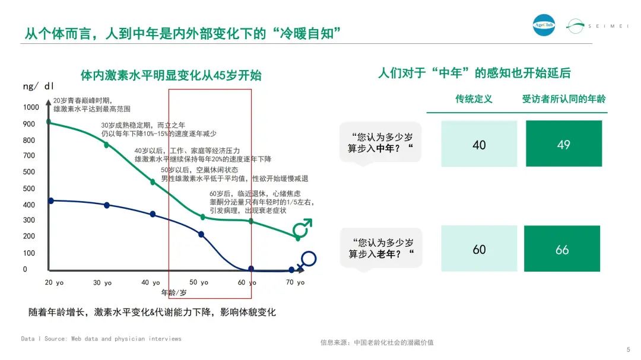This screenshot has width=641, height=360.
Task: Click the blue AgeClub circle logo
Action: [x=544, y=25]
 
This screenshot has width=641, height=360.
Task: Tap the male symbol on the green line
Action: [x=303, y=228]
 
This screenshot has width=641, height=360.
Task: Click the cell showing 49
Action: [x=564, y=144]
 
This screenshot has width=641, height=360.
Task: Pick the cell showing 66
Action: [x=562, y=249]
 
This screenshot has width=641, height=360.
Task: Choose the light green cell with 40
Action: [x=479, y=144]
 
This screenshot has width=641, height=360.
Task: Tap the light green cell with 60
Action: [x=479, y=249]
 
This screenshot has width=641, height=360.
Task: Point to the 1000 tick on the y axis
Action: [x=31, y=107]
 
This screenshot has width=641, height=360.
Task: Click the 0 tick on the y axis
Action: [x=25, y=269]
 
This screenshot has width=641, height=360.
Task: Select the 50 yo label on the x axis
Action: [x=199, y=282]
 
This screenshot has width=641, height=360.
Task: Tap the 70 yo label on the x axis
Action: [x=295, y=282]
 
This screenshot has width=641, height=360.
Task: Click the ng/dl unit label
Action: [x=38, y=86]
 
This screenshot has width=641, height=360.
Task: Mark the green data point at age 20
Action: [x=49, y=122]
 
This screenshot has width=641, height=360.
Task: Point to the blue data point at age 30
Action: [x=107, y=205]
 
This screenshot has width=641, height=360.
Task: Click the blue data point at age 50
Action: [x=201, y=234]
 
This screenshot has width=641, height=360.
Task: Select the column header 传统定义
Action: [x=474, y=99]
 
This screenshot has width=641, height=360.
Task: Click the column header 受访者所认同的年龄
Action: [x=564, y=99]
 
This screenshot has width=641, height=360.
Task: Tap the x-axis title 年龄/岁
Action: [x=174, y=292]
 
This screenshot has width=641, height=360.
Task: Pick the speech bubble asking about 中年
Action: [x=380, y=144]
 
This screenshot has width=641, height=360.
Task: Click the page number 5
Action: [x=629, y=350]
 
